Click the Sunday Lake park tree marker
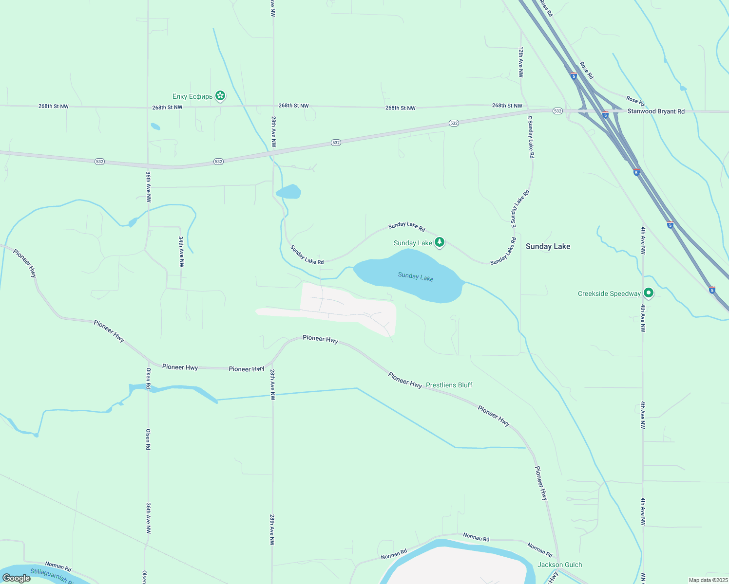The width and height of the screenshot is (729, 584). click(x=440, y=242)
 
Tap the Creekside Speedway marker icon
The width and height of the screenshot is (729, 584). click(x=648, y=293)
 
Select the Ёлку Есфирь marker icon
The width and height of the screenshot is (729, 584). click(x=220, y=96)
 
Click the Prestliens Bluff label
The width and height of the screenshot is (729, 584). click(x=449, y=385)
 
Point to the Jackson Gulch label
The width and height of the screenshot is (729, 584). click(x=559, y=565)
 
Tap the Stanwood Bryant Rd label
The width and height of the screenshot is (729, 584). click(x=656, y=111)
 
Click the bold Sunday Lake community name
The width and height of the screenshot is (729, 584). click(x=548, y=246)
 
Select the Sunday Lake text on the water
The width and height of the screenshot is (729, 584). click(x=416, y=276)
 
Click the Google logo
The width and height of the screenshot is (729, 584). click(x=17, y=578)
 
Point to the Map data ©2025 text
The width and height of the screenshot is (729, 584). click(x=708, y=580)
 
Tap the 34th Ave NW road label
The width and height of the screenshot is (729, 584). click(x=181, y=252)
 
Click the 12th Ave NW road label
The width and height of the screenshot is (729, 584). click(x=520, y=62)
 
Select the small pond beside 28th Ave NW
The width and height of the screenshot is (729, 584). click(x=288, y=192)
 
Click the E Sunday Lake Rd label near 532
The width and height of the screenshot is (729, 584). click(x=531, y=137)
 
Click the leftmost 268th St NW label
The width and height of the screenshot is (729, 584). click(x=54, y=106)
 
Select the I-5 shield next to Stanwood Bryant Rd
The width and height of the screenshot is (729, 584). click(x=605, y=115)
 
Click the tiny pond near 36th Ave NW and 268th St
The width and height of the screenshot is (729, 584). click(x=155, y=127)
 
